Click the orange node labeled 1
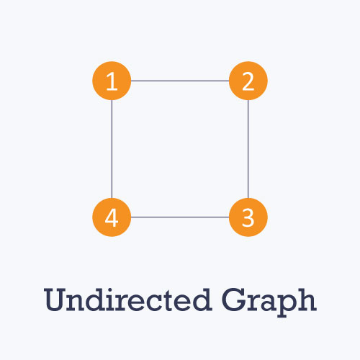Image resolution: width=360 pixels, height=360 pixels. tap(112, 81)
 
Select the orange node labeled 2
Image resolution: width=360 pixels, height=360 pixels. tap(248, 81)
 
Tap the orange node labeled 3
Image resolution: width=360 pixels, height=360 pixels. tap(248, 217)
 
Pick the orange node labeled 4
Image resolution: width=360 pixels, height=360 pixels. tap(112, 217)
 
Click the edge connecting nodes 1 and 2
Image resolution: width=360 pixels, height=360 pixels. tap(180, 81)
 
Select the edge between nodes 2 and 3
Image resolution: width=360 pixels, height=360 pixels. tap(248, 149)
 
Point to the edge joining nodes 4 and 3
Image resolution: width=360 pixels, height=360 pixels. tap(180, 217)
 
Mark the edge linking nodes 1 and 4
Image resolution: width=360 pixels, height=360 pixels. tap(112, 149)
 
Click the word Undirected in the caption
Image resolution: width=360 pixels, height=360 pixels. tap(128, 300)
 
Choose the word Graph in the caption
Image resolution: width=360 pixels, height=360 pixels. tap(269, 302)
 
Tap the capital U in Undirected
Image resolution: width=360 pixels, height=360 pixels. tap(55, 300)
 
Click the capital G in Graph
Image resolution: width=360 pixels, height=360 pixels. tap(233, 300)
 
